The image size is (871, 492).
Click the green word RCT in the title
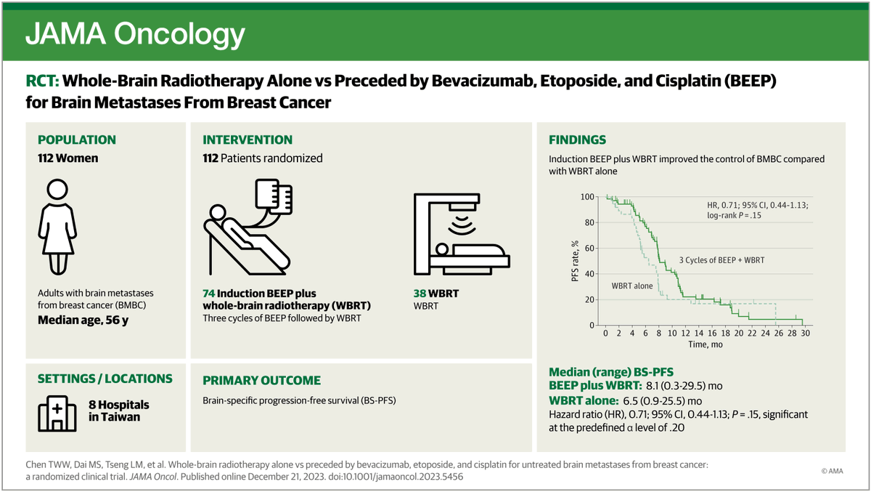coord(42,81)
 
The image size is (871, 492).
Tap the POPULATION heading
coord(77,140)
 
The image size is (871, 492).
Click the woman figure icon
coord(57,227)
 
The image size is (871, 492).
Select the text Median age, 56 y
coord(83,320)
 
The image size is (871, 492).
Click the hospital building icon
coord(57,414)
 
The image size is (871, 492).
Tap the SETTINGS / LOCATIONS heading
coord(105,379)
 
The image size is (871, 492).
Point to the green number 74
coord(209,294)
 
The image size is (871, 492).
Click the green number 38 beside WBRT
coord(420,294)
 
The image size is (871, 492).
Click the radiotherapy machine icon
coord(462,234)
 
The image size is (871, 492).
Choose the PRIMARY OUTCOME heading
coord(262,380)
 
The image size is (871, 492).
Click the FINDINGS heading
coord(578,140)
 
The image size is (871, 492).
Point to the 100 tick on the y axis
coord(587,197)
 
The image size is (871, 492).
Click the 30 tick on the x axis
coord(805,333)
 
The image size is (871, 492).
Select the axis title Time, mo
coord(706,344)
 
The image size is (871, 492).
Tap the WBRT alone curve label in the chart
coord(632,286)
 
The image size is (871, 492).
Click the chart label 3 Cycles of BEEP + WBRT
coord(721,260)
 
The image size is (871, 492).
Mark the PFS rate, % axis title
coord(575,261)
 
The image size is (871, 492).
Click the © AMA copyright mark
coord(832,471)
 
